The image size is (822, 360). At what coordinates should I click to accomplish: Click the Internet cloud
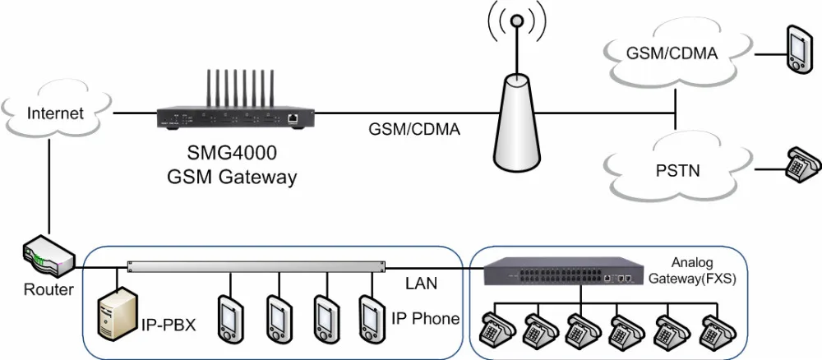pyautogui.click(x=55, y=113)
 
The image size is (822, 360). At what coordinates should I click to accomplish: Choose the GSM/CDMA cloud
pyautogui.click(x=672, y=54)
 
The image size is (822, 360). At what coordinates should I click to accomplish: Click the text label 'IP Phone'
pyautogui.click(x=425, y=318)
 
